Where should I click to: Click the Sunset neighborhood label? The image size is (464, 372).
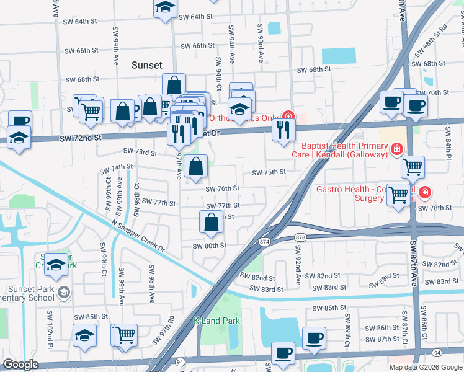tap(147, 65)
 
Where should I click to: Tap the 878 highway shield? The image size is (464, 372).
tap(300, 237)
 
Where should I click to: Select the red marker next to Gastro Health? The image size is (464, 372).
tap(424, 193)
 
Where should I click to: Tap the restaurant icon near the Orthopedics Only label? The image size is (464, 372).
tap(283, 130)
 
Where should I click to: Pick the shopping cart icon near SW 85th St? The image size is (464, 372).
tap(126, 335)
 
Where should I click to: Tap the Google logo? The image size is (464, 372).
tap(21, 365)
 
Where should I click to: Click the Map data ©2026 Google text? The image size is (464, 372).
tap(426, 367)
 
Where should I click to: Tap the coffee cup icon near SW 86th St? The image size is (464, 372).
tap(315, 338)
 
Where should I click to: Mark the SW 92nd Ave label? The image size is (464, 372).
tap(298, 265)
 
